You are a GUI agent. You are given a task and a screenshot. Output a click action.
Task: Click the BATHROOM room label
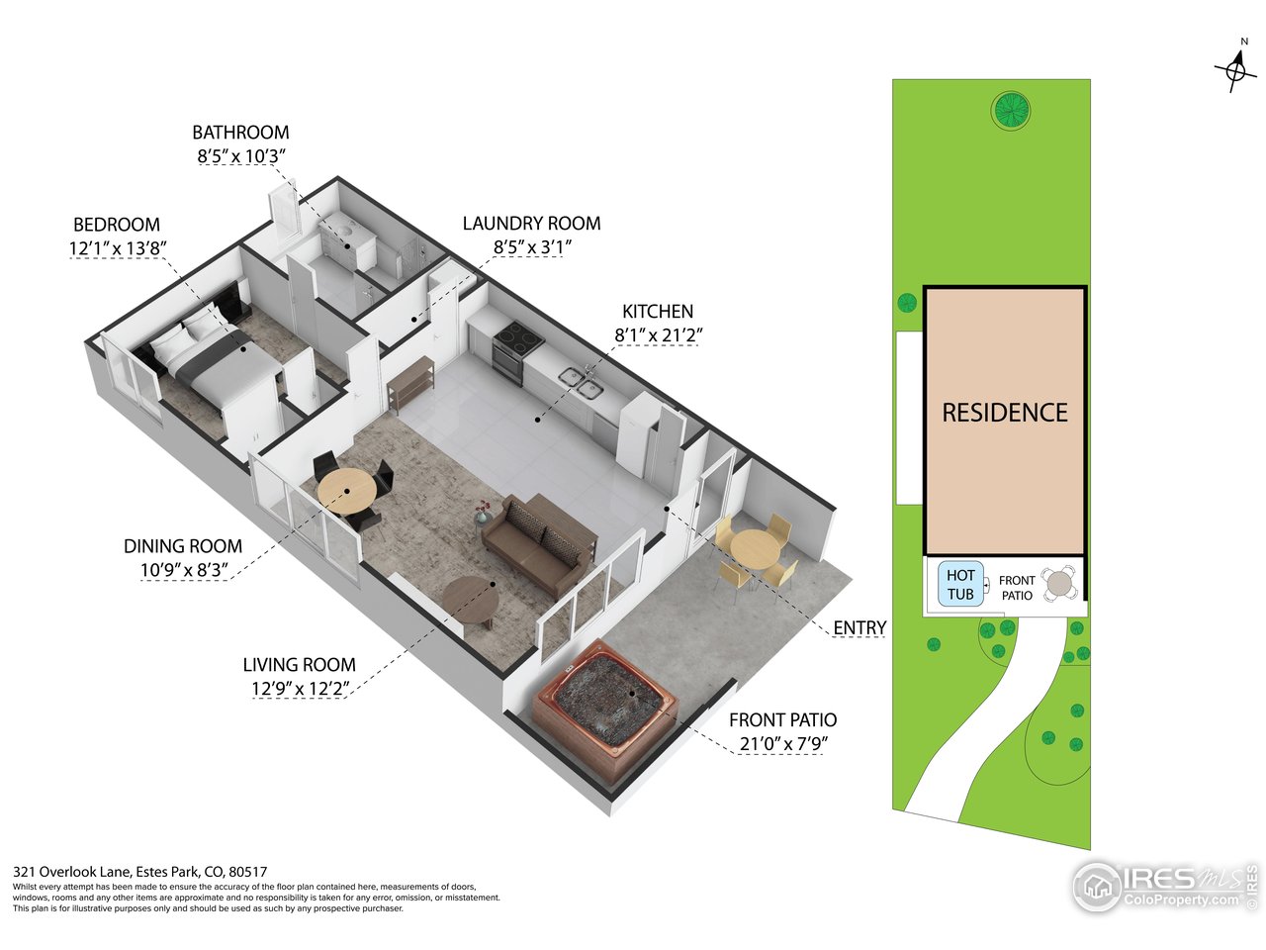[240, 132]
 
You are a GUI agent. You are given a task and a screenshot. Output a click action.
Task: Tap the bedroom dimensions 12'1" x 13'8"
[118, 248]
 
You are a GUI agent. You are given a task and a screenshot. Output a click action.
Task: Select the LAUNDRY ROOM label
[531, 224]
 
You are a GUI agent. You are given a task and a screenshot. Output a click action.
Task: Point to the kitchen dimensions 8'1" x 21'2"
[658, 334]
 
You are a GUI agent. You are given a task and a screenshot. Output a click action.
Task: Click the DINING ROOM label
[183, 546]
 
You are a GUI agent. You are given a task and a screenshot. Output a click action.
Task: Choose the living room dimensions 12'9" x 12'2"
[301, 689]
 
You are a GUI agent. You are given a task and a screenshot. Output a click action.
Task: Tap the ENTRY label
[859, 627]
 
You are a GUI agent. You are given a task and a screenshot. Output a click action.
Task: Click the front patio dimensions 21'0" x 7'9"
[783, 744]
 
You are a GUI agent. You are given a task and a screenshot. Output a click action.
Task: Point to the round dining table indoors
[347, 492]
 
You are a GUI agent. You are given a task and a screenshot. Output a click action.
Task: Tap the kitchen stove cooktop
[517, 333]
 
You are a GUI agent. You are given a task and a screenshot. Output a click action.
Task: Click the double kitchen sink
[582, 383]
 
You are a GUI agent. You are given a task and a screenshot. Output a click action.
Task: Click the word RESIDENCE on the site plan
[1005, 413]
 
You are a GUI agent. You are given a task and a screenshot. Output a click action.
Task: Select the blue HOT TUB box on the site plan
[960, 584]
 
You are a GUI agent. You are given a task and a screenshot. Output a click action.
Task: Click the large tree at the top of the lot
[1011, 110]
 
